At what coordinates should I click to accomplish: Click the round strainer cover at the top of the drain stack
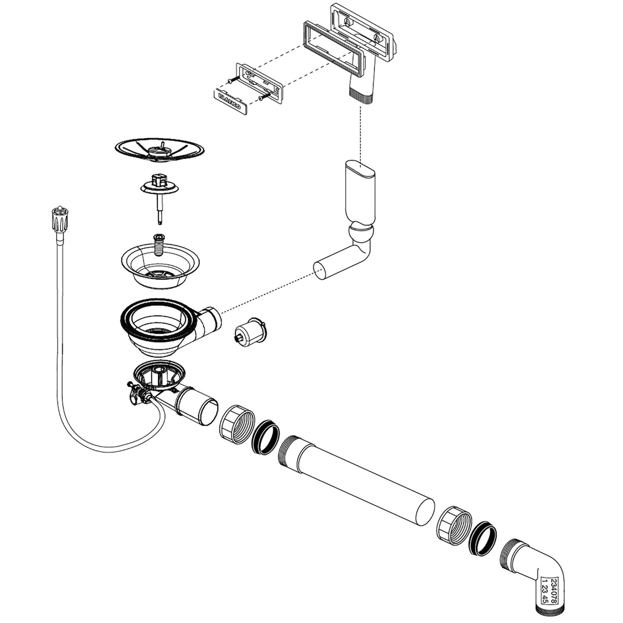[160, 150]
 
